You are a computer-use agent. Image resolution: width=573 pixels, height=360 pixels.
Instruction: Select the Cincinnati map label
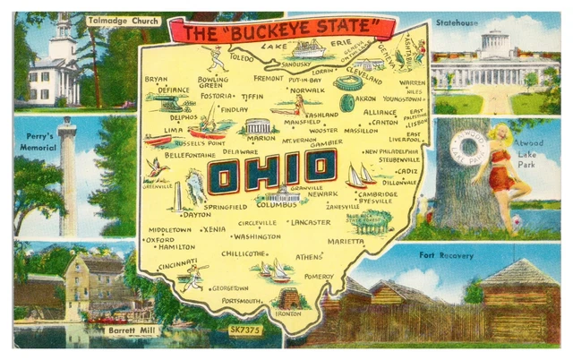[178, 265]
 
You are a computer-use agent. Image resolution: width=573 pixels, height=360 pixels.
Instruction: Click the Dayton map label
[195, 215]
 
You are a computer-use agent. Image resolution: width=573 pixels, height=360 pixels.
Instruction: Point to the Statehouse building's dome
[493, 41]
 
